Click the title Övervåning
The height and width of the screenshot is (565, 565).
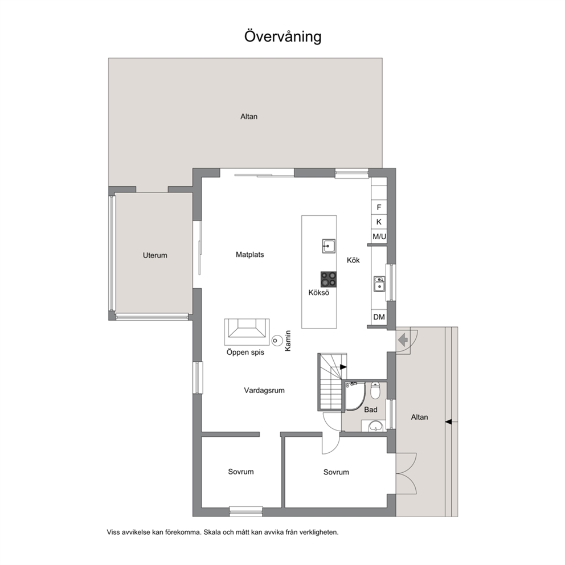[x=283, y=36]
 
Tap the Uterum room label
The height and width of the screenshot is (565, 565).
[x=155, y=256]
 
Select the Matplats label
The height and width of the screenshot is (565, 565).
[x=249, y=255]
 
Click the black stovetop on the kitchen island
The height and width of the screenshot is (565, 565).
[x=328, y=279]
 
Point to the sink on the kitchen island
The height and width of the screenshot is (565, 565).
[x=329, y=246]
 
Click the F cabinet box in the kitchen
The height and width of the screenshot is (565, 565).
[x=379, y=207]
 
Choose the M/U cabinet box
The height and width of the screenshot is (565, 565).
[x=379, y=236]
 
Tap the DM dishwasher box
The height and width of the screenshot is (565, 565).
[x=379, y=317]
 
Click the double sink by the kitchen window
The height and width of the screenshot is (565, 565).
[x=379, y=284]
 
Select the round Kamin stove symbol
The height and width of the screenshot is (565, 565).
[x=277, y=340]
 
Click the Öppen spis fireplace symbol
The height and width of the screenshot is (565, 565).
[x=247, y=332]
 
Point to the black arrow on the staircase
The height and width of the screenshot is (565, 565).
[x=343, y=367]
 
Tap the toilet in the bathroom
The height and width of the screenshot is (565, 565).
[x=375, y=391]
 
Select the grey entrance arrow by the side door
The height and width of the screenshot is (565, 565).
[x=403, y=339]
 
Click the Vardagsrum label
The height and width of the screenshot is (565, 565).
[x=264, y=390]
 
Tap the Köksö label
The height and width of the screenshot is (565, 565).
[x=318, y=293]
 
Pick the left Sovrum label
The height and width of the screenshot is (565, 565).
[x=241, y=472]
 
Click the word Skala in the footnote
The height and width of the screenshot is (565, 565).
[x=212, y=532]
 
